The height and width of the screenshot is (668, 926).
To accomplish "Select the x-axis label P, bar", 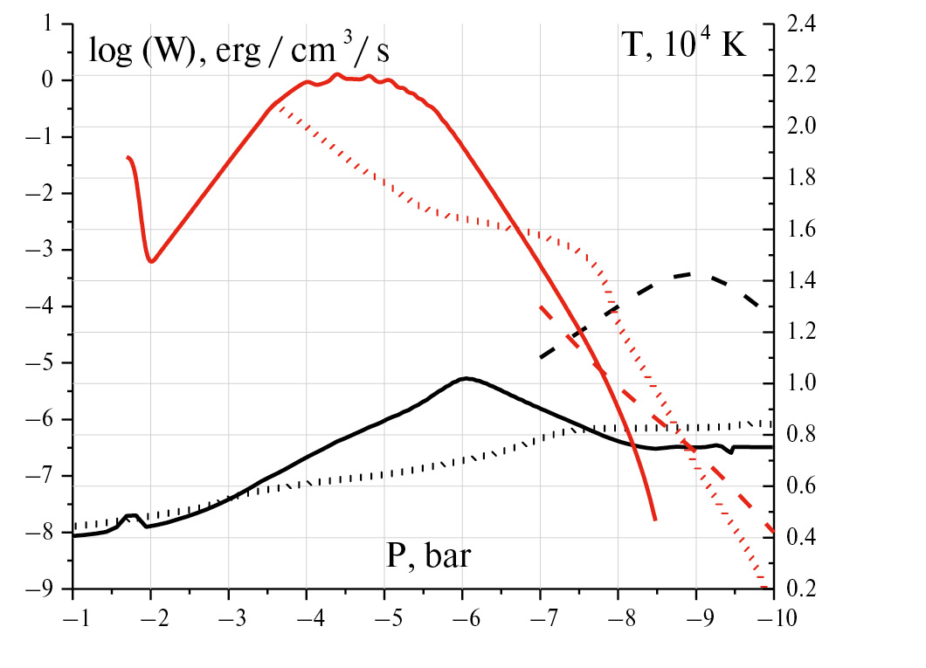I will (428, 555).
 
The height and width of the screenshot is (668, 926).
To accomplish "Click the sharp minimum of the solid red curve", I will (152, 260).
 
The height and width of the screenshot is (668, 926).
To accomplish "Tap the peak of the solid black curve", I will (466, 378).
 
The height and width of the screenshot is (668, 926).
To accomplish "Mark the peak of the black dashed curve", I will (694, 274).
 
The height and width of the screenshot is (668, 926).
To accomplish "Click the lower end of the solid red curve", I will (654, 520).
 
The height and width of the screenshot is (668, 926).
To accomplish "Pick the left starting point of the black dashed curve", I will (541, 358).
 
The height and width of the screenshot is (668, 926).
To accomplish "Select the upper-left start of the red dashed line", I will (541, 306).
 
